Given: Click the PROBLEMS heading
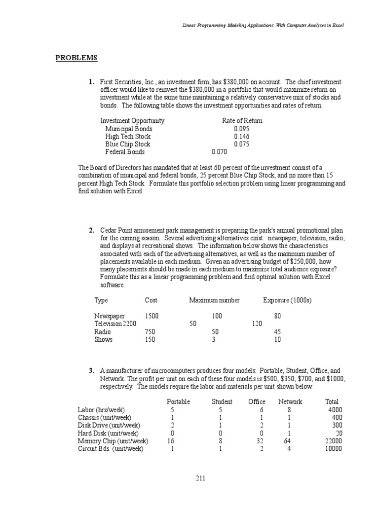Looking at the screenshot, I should point(76,58).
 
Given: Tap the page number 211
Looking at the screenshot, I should point(200,478).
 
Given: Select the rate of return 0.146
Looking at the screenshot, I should point(242,137).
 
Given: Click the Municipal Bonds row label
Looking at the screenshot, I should point(129,129).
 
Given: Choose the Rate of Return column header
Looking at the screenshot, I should point(242,121).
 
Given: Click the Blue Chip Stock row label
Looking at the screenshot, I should point(128,144).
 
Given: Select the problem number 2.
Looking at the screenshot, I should point(92,230).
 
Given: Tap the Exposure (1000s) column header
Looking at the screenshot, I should point(287,300).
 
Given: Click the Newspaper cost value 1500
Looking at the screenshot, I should point(152,316).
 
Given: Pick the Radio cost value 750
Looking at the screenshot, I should point(150,332).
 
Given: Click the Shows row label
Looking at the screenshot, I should point(103,339).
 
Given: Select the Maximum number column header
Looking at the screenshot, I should point(215,300).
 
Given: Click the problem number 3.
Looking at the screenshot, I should point(92,370).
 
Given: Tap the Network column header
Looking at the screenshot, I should point(290,402).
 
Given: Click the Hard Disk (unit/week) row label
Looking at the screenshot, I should point(109,433).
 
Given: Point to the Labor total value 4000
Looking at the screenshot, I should point(335,410).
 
